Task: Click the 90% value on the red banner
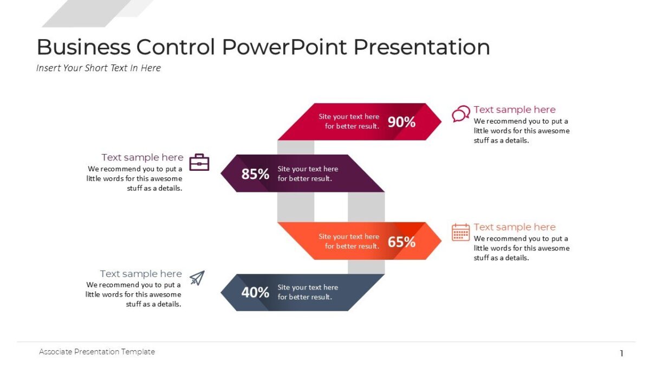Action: click(x=401, y=122)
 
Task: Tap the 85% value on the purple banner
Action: click(x=255, y=174)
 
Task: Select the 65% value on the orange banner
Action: click(x=401, y=242)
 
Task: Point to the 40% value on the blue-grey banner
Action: click(x=255, y=293)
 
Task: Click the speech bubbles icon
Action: click(x=460, y=114)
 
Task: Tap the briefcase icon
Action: click(x=199, y=162)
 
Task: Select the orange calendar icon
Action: click(x=460, y=232)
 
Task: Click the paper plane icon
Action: click(x=197, y=278)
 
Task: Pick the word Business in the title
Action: click(x=83, y=47)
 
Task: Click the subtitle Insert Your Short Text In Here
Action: click(x=99, y=68)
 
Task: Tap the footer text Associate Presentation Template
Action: click(x=97, y=352)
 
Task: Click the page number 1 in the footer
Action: click(x=621, y=354)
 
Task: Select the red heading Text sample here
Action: click(x=515, y=110)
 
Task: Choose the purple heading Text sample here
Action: click(x=142, y=157)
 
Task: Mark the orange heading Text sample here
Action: click(x=515, y=227)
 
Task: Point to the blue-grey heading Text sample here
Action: click(x=141, y=274)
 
